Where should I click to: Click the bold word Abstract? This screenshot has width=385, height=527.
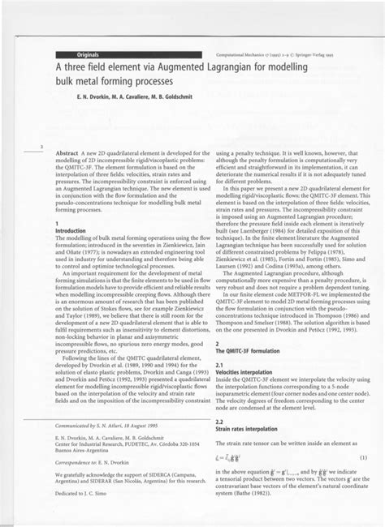pos(66,152)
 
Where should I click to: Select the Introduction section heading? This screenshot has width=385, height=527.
pos(69,230)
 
